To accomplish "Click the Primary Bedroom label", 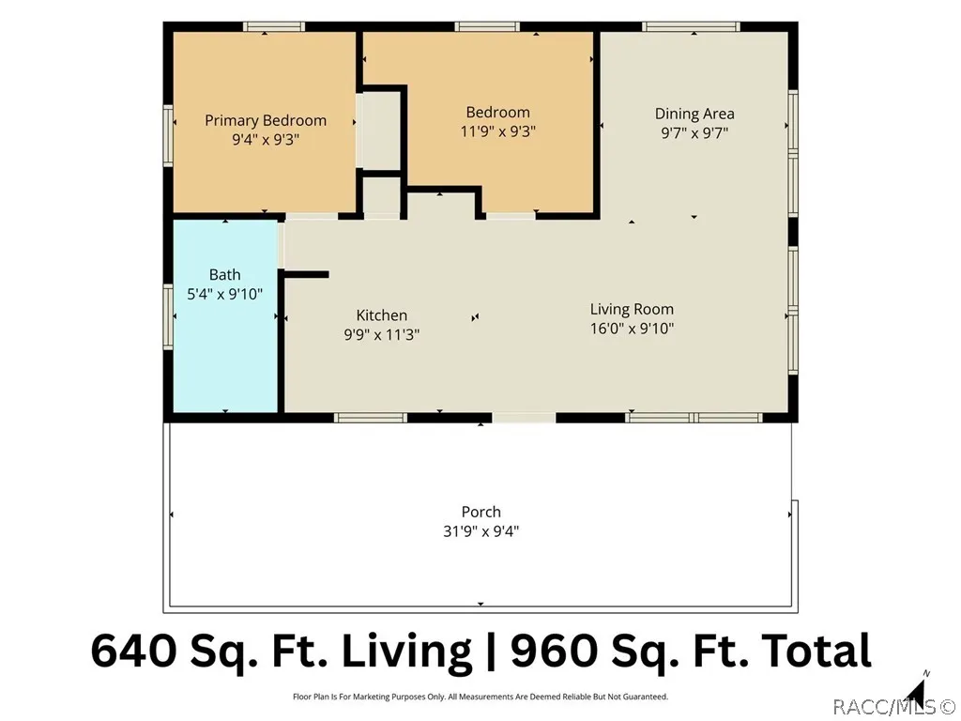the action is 266,120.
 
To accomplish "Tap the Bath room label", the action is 225,274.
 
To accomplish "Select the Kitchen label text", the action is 382,315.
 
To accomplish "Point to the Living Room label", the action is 632,309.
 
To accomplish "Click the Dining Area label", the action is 694,114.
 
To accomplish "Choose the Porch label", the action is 481,512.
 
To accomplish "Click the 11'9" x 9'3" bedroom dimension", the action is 498,131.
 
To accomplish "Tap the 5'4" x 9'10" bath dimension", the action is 225,294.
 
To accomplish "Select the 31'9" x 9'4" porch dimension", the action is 481,531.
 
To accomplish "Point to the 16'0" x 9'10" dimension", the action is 632,329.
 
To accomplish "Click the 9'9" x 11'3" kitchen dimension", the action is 382,335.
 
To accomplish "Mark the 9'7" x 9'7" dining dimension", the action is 694,133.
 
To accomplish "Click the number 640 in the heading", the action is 134,651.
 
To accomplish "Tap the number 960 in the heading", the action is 554,651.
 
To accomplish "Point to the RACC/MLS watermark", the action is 894,708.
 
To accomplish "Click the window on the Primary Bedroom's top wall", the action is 274,26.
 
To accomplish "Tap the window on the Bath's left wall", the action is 168,317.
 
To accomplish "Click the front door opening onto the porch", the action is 524,418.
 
